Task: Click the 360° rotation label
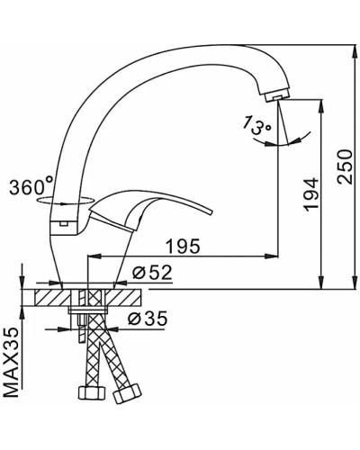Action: pos(31,188)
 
